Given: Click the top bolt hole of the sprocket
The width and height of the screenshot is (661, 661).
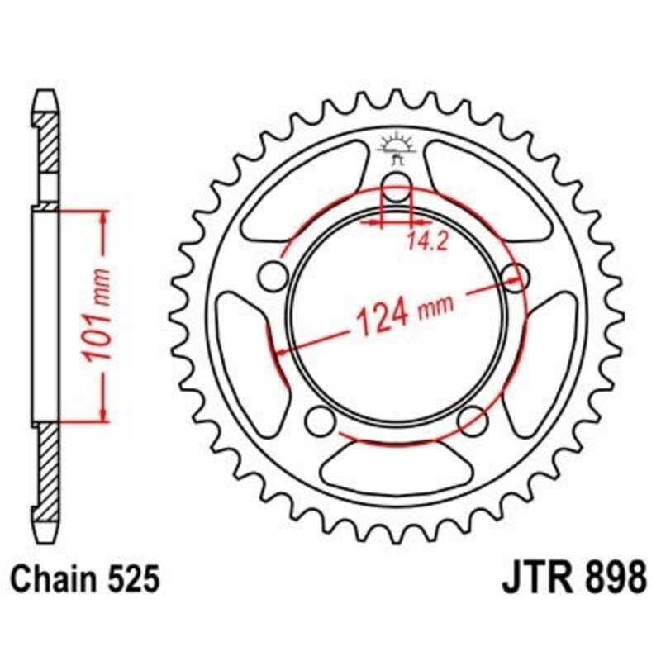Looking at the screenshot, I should pyautogui.click(x=396, y=188).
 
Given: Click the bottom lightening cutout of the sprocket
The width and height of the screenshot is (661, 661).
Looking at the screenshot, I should pyautogui.click(x=395, y=467).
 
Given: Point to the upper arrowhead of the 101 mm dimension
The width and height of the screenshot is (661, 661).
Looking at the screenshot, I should pyautogui.click(x=103, y=217).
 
